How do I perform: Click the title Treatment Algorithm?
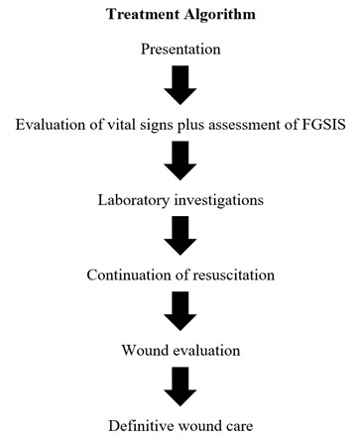click(180, 17)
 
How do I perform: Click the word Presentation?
click(180, 48)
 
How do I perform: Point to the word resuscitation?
click(231, 274)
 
